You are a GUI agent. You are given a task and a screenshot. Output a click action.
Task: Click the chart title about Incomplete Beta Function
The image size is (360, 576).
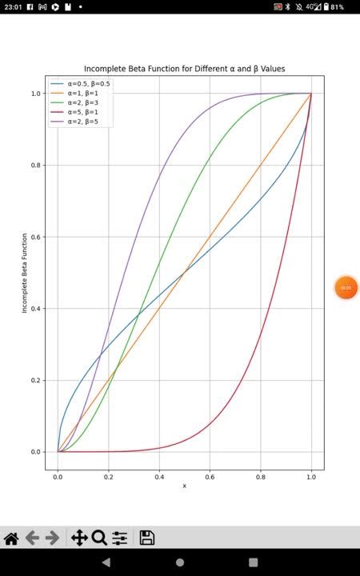pos(184,69)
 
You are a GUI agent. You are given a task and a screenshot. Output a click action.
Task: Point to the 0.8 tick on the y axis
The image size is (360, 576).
pos(36,165)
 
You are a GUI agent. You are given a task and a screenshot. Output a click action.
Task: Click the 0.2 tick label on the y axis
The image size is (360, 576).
pos(36,380)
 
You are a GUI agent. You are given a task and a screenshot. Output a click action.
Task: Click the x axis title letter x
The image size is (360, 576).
pos(184,486)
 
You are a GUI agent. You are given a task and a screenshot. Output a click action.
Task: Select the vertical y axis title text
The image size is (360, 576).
pos(25,272)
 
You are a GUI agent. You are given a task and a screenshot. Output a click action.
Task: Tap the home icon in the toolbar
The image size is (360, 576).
pos(11,538)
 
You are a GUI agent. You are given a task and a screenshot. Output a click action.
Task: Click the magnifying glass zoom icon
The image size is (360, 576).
pos(99,538)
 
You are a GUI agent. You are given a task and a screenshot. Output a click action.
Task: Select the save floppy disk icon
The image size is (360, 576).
pos(147,538)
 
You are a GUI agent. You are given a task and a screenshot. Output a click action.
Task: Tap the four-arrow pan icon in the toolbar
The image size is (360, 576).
pos(79,538)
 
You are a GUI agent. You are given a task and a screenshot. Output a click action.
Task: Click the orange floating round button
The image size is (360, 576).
pos(346,287)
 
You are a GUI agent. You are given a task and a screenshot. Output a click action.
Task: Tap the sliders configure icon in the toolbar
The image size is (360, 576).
pos(120,538)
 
